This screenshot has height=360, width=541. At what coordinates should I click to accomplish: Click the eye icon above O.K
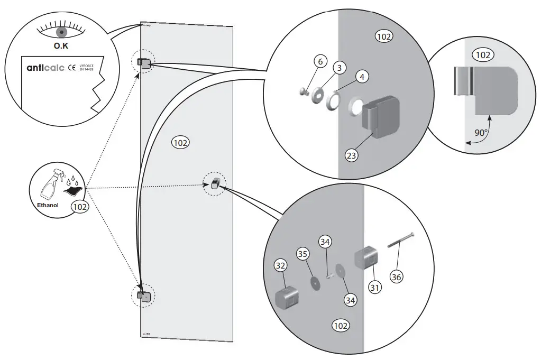pyautogui.click(x=61, y=31)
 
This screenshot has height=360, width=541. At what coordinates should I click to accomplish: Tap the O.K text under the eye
pyautogui.click(x=62, y=47)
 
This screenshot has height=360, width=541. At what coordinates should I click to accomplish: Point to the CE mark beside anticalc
pyautogui.click(x=72, y=68)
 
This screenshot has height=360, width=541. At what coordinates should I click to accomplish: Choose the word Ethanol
pyautogui.click(x=47, y=205)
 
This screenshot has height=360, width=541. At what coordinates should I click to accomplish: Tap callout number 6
pyautogui.click(x=320, y=61)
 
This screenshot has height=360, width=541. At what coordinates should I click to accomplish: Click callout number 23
pyautogui.click(x=351, y=155)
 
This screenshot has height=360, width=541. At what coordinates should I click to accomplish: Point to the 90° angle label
pyautogui.click(x=480, y=133)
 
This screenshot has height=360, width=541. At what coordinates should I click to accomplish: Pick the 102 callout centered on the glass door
pyautogui.click(x=181, y=142)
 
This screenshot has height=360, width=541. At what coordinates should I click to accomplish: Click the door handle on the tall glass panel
pyautogui.click(x=215, y=183)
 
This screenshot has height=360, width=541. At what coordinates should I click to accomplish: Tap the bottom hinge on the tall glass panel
pyautogui.click(x=144, y=297)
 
